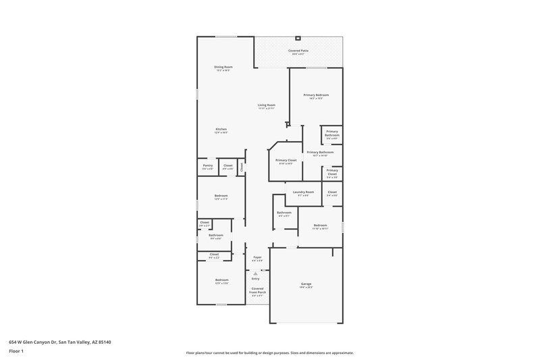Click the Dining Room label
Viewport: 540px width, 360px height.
click(223, 67)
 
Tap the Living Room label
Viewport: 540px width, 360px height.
click(266, 105)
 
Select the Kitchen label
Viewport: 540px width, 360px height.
click(221, 129)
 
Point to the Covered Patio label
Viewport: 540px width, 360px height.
click(298, 51)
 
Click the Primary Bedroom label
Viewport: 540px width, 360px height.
click(315, 95)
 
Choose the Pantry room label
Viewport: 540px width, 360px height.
click(207, 165)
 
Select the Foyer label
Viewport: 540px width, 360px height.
click(257, 257)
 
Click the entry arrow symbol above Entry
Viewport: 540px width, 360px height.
click(255, 272)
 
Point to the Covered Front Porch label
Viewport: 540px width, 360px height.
click(257, 289)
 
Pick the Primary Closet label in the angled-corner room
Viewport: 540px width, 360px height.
click(286, 160)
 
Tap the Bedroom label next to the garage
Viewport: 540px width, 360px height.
click(320, 225)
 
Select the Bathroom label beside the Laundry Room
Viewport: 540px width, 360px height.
click(283, 213)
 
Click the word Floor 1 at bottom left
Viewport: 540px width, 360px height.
click(16, 352)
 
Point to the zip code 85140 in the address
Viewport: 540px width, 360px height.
click(104, 342)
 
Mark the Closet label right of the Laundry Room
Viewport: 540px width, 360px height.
click(331, 192)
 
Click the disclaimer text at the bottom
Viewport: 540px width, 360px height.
click(269, 353)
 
